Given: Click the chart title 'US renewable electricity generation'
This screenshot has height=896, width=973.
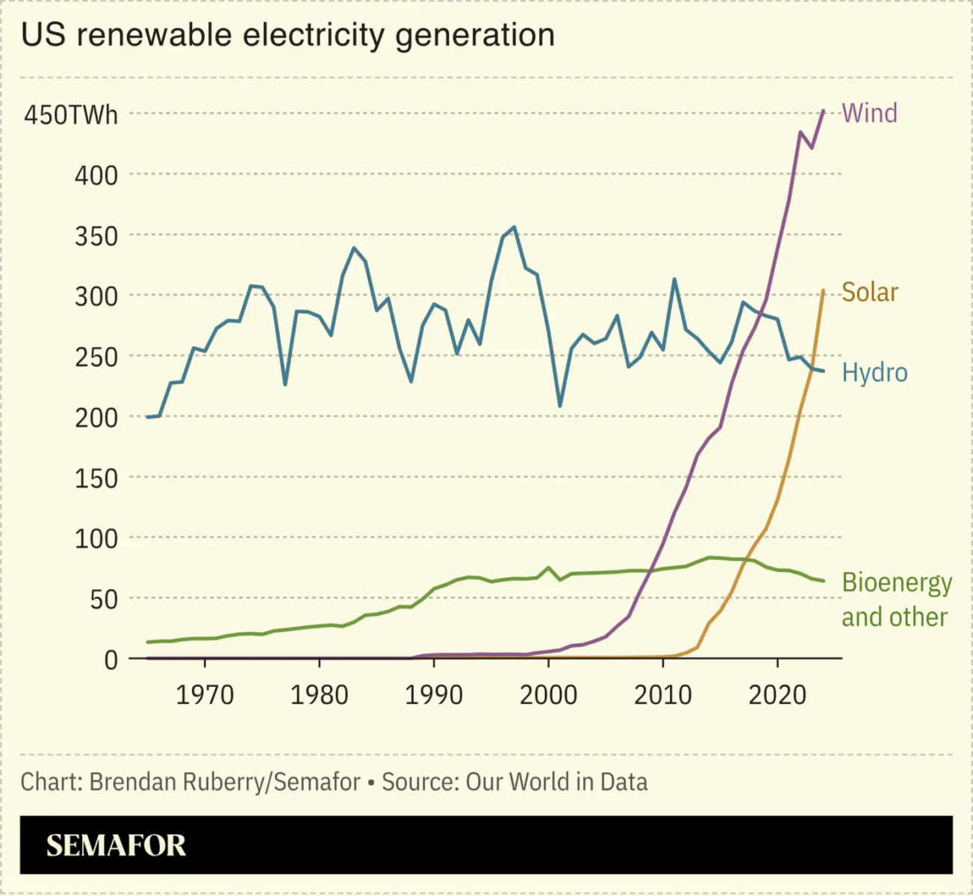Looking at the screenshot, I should click(287, 35).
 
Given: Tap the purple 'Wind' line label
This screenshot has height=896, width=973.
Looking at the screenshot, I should click(869, 113).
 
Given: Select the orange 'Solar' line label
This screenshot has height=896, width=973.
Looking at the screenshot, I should click(869, 292).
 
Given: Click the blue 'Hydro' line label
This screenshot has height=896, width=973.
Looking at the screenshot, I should click(874, 372).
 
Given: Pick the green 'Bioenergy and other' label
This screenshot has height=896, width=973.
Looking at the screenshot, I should click(896, 600).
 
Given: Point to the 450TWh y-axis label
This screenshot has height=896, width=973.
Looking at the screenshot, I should click(71, 115).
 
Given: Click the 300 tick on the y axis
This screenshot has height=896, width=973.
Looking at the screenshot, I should click(96, 296).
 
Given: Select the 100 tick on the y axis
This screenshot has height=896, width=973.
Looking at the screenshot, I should click(96, 538).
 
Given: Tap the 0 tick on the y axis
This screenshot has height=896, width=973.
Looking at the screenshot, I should click(111, 659).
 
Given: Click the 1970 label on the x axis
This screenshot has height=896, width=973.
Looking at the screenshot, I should click(205, 695).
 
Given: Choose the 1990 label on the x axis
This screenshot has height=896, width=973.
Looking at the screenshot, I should click(434, 695).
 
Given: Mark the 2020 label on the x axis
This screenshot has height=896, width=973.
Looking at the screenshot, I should click(777, 695).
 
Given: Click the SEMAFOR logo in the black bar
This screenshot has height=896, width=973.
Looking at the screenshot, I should click(116, 845).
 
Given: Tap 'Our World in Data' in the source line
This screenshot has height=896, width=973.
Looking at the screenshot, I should click(556, 782).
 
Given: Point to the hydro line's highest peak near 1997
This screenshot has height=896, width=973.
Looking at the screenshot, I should click(514, 227).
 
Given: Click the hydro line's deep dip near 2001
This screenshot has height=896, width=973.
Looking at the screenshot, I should click(560, 405).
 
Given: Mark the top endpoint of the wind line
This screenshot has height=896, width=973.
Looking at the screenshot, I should click(823, 111).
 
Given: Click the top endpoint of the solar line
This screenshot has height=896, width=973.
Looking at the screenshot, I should click(823, 290).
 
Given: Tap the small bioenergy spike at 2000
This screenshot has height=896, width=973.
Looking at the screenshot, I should click(549, 567).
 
